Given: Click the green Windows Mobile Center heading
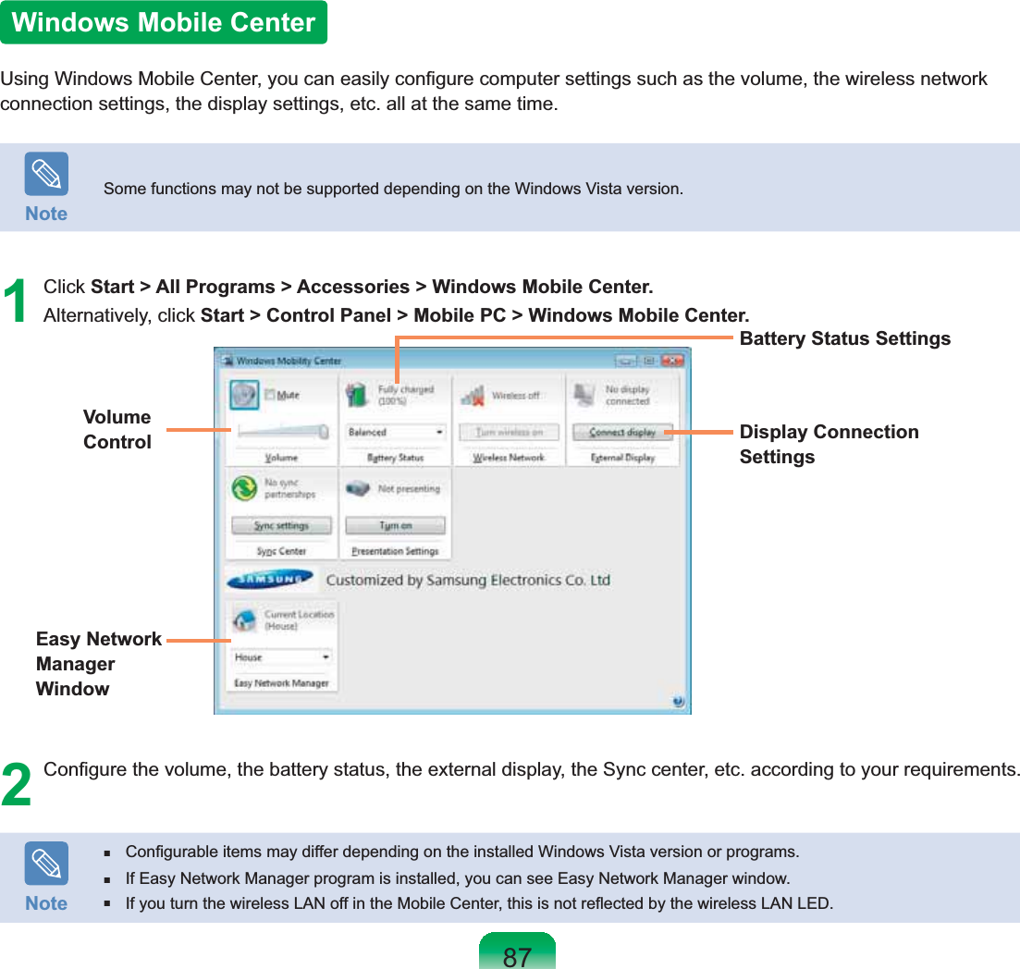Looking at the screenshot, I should (164, 22).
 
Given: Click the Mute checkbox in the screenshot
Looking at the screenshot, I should (271, 395).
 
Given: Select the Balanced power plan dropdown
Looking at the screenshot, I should (396, 432).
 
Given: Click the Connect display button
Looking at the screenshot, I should (621, 432).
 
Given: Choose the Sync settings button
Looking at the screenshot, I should (282, 525).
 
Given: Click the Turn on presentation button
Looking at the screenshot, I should (395, 525).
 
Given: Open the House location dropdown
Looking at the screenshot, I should (281, 657).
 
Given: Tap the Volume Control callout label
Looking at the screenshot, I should (117, 429).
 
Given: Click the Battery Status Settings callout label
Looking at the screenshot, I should (844, 338).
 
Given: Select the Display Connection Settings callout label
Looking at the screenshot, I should (829, 444).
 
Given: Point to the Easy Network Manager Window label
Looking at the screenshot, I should (98, 664).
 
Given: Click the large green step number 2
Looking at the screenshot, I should (16, 784).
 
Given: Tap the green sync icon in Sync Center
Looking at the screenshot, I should (243, 488).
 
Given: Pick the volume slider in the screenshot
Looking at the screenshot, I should (281, 430).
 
